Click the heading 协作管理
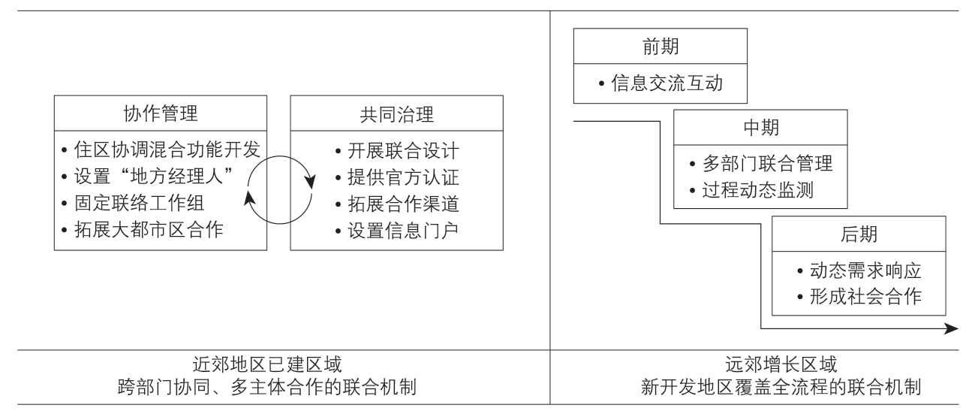click(160, 113)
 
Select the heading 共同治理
click(396, 114)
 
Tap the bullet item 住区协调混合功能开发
click(161, 150)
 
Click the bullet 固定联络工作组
click(133, 204)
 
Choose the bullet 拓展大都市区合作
click(143, 229)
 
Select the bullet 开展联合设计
click(397, 151)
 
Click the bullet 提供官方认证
click(397, 177)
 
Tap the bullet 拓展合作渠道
click(397, 204)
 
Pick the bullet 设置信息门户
click(397, 231)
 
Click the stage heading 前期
click(661, 47)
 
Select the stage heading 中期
click(760, 128)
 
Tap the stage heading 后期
click(859, 234)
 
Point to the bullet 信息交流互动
click(661, 83)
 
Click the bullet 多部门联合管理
click(761, 164)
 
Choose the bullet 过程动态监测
click(752, 190)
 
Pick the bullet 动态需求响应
click(859, 270)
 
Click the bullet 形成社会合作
click(859, 296)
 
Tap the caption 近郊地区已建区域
click(267, 364)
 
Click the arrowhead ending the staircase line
click(952, 328)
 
